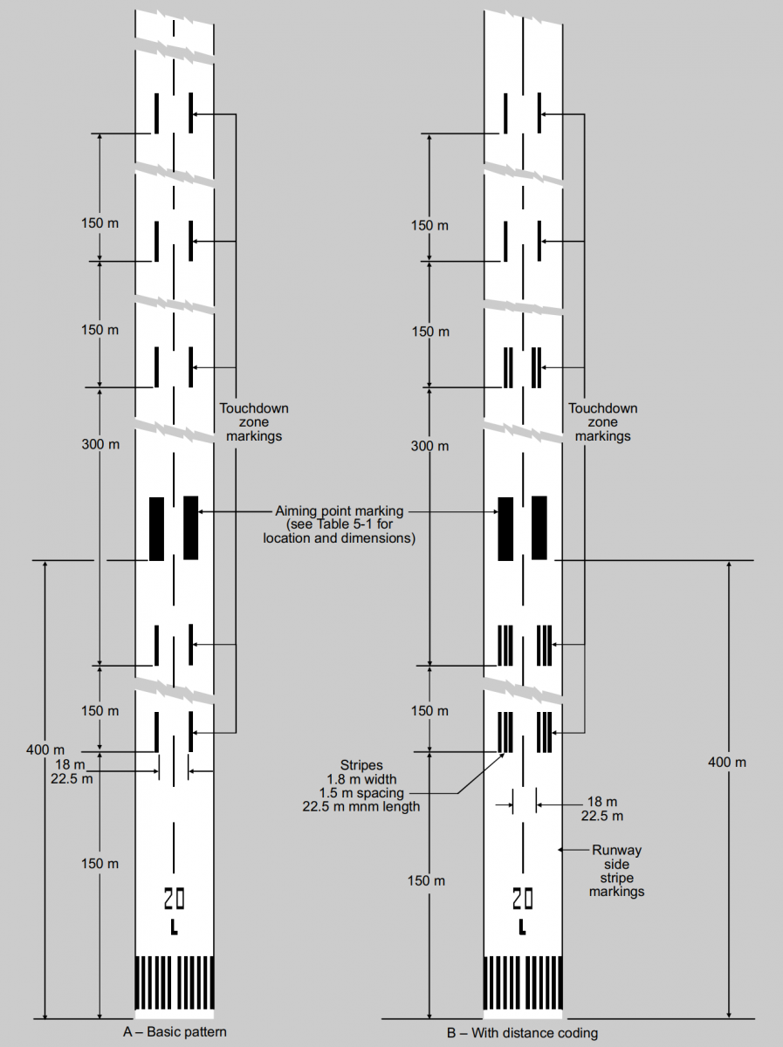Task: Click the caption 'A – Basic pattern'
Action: [175, 1032]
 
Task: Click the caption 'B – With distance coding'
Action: [523, 1033]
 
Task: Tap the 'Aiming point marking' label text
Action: [339, 524]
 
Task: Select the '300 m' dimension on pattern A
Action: [100, 444]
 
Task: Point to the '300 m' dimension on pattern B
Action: [429, 446]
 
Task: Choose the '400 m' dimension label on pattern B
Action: [727, 762]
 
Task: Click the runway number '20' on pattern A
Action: [174, 898]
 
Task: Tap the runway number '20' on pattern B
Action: [522, 898]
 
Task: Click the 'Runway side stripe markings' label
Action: [616, 870]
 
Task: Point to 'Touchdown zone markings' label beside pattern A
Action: [253, 421]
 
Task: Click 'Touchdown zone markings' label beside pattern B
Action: [602, 421]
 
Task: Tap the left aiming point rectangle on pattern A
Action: [157, 528]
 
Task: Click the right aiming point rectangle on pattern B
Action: [539, 528]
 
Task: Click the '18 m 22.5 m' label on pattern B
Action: [602, 808]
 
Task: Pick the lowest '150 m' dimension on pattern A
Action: [100, 863]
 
